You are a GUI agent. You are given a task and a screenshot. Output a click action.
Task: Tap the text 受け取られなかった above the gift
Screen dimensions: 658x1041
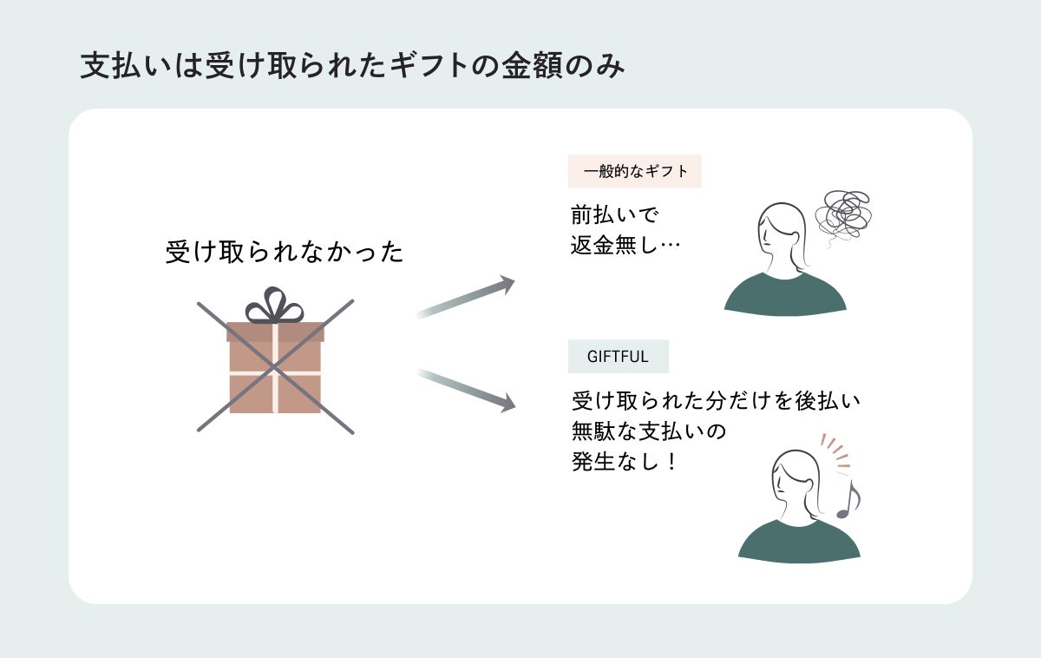(x=285, y=253)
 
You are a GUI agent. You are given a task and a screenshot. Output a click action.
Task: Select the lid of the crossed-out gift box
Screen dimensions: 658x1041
(x=275, y=332)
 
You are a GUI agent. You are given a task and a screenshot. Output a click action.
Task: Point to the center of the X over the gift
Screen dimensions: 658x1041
(x=275, y=366)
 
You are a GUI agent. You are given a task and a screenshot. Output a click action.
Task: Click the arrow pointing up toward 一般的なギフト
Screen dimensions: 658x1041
(x=466, y=298)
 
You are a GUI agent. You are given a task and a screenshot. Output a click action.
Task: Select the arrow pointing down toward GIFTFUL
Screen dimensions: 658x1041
(x=466, y=388)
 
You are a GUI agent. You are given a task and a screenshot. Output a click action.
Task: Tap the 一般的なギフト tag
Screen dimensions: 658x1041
(x=635, y=172)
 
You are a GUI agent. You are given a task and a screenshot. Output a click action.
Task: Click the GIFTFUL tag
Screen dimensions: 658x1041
(x=618, y=356)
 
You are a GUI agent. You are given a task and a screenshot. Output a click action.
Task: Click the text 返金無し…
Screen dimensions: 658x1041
(x=625, y=245)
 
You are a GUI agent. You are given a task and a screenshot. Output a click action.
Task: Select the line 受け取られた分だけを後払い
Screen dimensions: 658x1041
(x=716, y=402)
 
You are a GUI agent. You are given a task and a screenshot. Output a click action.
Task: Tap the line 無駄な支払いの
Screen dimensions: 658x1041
(x=648, y=431)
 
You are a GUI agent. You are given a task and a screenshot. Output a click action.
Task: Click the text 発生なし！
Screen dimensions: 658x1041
(x=625, y=462)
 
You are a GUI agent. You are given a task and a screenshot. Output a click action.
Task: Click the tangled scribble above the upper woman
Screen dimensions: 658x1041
(x=843, y=213)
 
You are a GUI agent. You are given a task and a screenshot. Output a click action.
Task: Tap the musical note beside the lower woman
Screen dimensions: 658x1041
(x=848, y=500)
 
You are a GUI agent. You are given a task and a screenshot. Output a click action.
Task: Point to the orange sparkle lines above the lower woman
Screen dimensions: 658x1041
(x=835, y=452)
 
